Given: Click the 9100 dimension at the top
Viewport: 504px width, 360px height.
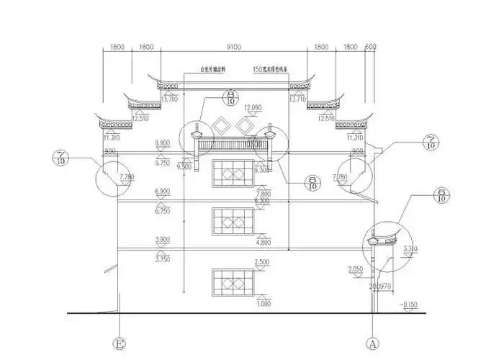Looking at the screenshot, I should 233,47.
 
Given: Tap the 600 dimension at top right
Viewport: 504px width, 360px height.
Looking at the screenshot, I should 371,47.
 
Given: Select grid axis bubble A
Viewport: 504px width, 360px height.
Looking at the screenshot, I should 372,343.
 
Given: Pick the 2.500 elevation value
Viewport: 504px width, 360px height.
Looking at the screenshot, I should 262,261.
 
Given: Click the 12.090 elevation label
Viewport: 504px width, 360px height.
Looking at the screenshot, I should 253,107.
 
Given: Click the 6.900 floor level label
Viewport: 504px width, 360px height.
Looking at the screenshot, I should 164,190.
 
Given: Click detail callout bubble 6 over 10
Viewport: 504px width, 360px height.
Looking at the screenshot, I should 440,195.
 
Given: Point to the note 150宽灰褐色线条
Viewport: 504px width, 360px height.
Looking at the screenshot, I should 271,70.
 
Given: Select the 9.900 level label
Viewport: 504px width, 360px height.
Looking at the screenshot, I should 164,144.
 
